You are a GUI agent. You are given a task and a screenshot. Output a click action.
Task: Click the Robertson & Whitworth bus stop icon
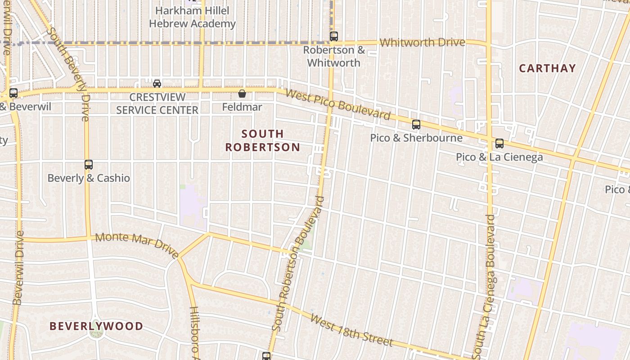333,36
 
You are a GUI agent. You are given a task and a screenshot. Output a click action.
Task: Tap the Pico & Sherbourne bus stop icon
416,125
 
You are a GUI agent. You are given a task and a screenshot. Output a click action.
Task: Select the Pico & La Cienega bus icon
499,144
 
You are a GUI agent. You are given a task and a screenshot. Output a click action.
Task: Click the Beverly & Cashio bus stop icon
89,165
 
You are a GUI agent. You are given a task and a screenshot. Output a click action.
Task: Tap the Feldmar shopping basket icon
242,94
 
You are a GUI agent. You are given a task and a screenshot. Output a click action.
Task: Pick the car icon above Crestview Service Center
157,83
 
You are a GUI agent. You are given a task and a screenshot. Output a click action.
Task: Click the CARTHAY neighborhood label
547,68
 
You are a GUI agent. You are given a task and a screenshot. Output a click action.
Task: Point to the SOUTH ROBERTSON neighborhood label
263,140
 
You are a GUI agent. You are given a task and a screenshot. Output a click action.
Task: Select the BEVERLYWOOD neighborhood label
96,326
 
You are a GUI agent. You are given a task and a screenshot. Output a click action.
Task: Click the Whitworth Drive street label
422,43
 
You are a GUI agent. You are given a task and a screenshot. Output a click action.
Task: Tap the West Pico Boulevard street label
338,105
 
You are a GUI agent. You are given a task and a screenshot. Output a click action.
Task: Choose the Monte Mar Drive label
137,245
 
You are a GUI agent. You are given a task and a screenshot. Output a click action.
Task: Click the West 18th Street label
351,331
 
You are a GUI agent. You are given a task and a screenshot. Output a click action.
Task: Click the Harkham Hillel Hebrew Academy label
192,17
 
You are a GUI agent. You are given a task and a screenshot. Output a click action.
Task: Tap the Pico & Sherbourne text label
416,138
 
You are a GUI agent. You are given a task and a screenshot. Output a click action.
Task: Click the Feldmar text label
242,107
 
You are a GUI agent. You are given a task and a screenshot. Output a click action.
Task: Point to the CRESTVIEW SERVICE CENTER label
157,103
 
